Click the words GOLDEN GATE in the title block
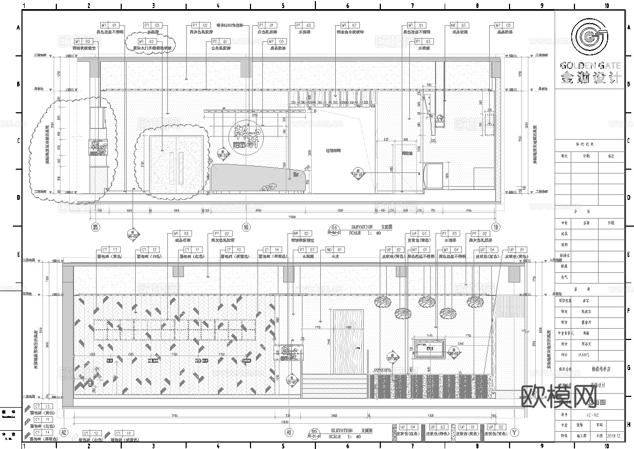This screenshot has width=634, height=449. coord(590,66)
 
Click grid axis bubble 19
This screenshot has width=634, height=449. coord(497,226)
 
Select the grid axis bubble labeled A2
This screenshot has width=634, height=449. coord(64,432)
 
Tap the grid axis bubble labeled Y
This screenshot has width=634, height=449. coord(515,432)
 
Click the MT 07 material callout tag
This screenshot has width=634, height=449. coord(350,25)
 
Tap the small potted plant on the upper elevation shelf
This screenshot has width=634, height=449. coord(441,119)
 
